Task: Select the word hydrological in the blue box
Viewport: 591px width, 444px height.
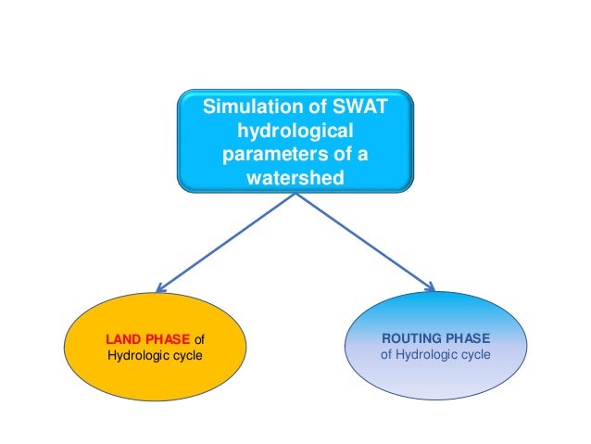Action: click(x=295, y=133)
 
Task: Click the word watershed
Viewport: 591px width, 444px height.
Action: click(x=295, y=175)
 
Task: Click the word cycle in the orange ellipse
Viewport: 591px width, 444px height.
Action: click(x=185, y=357)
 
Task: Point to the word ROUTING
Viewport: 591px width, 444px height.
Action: click(x=408, y=338)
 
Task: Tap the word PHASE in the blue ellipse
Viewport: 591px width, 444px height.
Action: click(x=468, y=338)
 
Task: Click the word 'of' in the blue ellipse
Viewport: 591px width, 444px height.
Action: click(x=387, y=355)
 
